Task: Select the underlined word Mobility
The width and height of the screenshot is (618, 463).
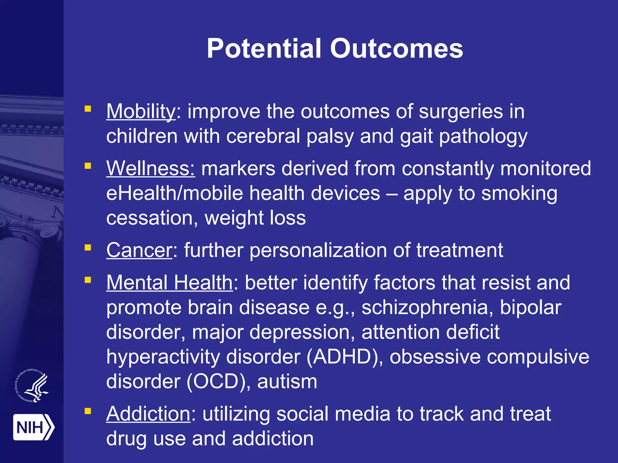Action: click(x=141, y=112)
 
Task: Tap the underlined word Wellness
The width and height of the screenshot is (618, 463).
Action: click(x=151, y=168)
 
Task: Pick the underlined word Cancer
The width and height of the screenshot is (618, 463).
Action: click(x=139, y=250)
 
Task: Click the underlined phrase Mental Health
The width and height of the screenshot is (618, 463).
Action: click(x=169, y=283)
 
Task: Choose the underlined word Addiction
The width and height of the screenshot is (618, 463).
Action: click(x=148, y=414)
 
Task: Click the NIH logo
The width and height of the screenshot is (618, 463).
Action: click(x=33, y=427)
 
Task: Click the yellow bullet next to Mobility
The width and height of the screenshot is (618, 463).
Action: click(x=88, y=109)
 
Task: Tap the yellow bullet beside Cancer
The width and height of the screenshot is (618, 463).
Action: click(x=88, y=248)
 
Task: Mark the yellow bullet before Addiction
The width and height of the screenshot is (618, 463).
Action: click(x=88, y=411)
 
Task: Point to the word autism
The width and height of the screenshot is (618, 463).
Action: click(x=287, y=382)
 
